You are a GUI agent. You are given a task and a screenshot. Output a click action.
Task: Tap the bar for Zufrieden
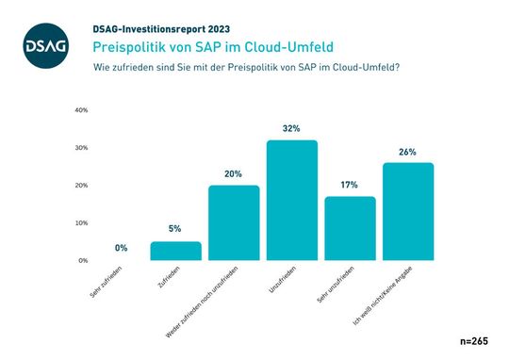(x=175, y=251)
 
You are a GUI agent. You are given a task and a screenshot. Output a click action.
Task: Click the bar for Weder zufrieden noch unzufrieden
(x=233, y=222)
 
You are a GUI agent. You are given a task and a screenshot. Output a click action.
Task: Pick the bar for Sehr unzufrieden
(x=349, y=228)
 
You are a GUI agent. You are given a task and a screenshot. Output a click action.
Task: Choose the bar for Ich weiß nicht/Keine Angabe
(x=407, y=211)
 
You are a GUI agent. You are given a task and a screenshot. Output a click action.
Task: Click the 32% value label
(x=291, y=128)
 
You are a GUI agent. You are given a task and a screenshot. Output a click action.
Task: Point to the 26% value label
(x=407, y=151)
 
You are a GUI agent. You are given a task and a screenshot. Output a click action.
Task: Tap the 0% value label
(x=121, y=248)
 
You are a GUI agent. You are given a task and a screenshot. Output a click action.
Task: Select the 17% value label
(x=349, y=185)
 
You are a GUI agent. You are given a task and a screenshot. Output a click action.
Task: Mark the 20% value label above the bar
(x=233, y=173)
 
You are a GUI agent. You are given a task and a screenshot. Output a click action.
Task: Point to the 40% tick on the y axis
(x=82, y=110)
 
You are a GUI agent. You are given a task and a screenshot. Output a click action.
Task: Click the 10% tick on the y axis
(x=82, y=222)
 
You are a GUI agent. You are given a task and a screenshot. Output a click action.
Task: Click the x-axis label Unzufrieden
(x=279, y=281)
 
